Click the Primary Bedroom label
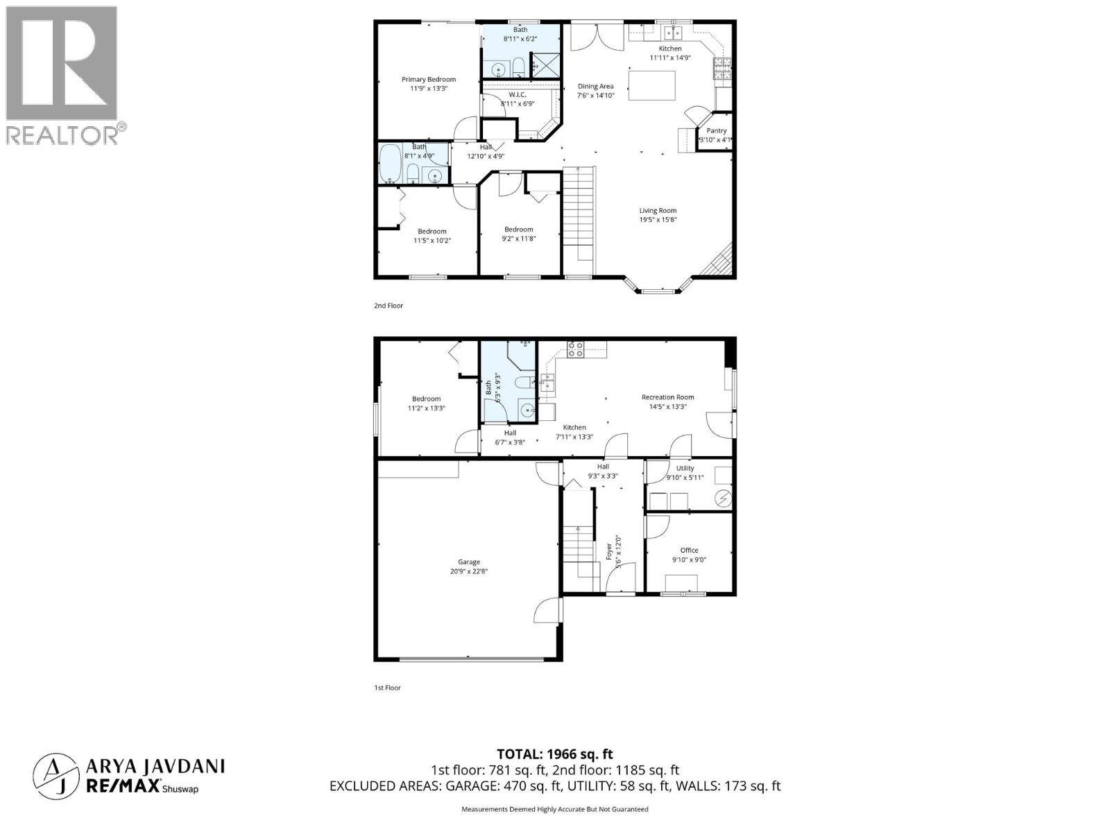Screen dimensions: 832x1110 coord(428,80)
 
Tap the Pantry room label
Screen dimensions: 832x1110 coord(716,131)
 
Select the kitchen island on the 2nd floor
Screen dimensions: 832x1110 coord(652,85)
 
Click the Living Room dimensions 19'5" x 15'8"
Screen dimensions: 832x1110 coord(658,220)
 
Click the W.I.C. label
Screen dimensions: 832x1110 coord(517,95)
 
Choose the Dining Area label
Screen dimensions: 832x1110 coord(595,87)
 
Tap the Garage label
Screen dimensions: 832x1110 coord(468,562)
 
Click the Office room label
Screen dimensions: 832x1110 coord(689,551)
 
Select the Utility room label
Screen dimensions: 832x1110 coord(685,469)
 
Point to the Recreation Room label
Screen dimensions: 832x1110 coord(667,398)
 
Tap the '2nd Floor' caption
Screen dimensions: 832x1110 coord(388,306)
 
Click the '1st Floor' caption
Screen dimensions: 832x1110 coord(387,688)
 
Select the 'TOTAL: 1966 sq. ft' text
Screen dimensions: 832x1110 coord(554,754)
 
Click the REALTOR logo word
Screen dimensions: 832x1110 coord(62,135)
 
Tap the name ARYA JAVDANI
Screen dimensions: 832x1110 coord(155,766)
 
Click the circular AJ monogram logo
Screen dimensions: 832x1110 coord(56,775)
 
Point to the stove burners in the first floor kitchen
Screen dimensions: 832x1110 coord(575,349)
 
